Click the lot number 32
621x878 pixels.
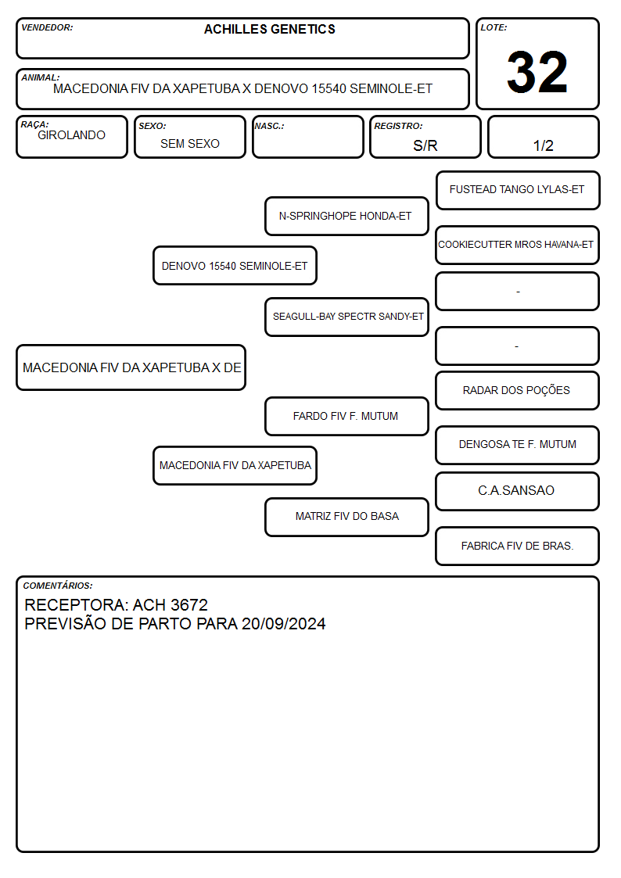click(x=537, y=72)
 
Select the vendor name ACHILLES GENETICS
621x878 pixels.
click(x=269, y=29)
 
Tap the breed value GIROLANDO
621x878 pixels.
click(x=71, y=135)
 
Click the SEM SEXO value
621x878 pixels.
click(x=190, y=144)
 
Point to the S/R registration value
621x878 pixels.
click(x=425, y=145)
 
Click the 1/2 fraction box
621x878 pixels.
click(x=543, y=137)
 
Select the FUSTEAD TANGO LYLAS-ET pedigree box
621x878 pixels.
click(x=518, y=191)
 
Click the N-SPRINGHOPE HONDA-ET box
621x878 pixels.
click(x=346, y=216)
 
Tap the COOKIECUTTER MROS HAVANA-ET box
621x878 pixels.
click(x=518, y=245)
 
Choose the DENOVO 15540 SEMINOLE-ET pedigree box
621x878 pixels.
click(x=235, y=265)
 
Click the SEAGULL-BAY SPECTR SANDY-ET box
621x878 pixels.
click(x=346, y=317)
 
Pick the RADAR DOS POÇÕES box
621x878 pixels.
click(x=518, y=390)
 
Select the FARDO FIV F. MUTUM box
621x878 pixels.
click(x=346, y=416)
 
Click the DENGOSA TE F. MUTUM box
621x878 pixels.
click(x=518, y=445)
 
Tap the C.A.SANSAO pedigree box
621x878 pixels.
click(x=518, y=491)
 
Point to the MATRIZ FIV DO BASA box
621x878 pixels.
click(x=346, y=517)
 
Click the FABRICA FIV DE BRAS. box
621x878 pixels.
click(x=518, y=546)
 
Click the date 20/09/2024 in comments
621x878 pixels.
click(x=283, y=624)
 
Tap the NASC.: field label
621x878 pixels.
click(x=269, y=126)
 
